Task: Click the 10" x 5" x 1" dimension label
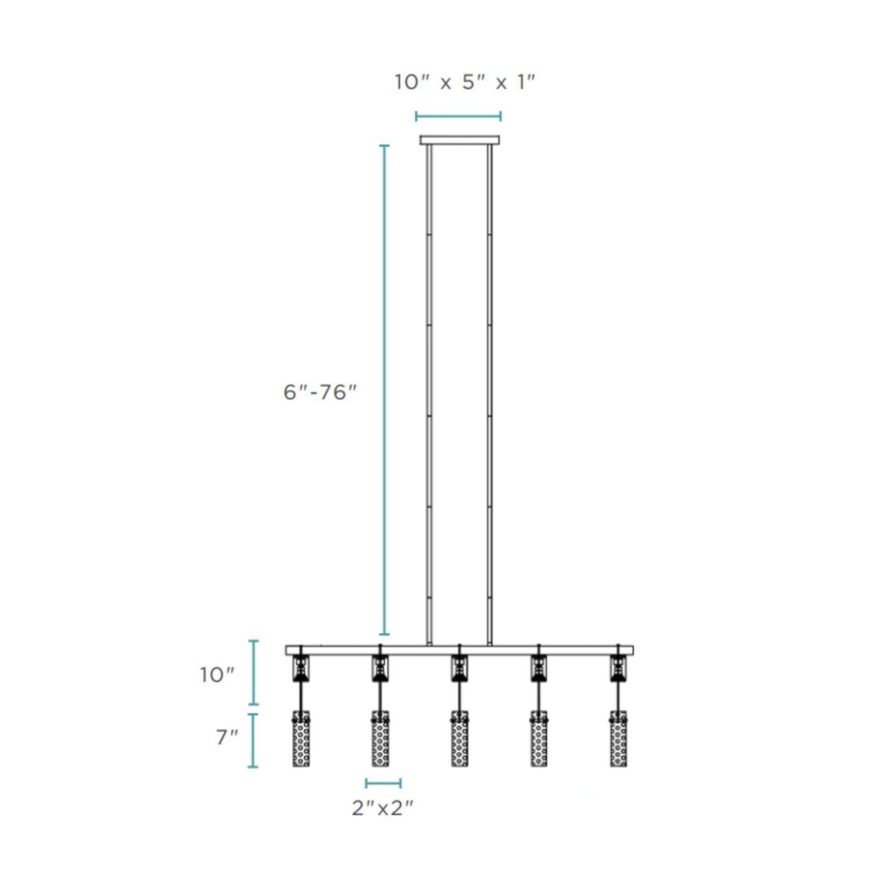point(464,82)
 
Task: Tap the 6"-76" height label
point(320,392)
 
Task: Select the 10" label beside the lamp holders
point(217,674)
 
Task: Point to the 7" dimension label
point(227,737)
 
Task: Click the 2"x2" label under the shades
point(382,808)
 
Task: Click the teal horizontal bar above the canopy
point(458,116)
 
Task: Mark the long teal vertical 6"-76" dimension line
point(384,389)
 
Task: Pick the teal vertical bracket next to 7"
point(253,740)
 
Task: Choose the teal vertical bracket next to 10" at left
point(253,673)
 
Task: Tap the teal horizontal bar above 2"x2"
point(383,784)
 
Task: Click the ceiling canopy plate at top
point(459,140)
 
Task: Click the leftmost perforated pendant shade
point(301,739)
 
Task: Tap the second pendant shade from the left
point(381,739)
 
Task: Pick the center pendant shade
point(460,739)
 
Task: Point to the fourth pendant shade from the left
point(539,739)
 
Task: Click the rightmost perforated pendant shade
point(618,739)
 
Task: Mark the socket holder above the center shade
point(460,669)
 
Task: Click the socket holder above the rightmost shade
point(618,669)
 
